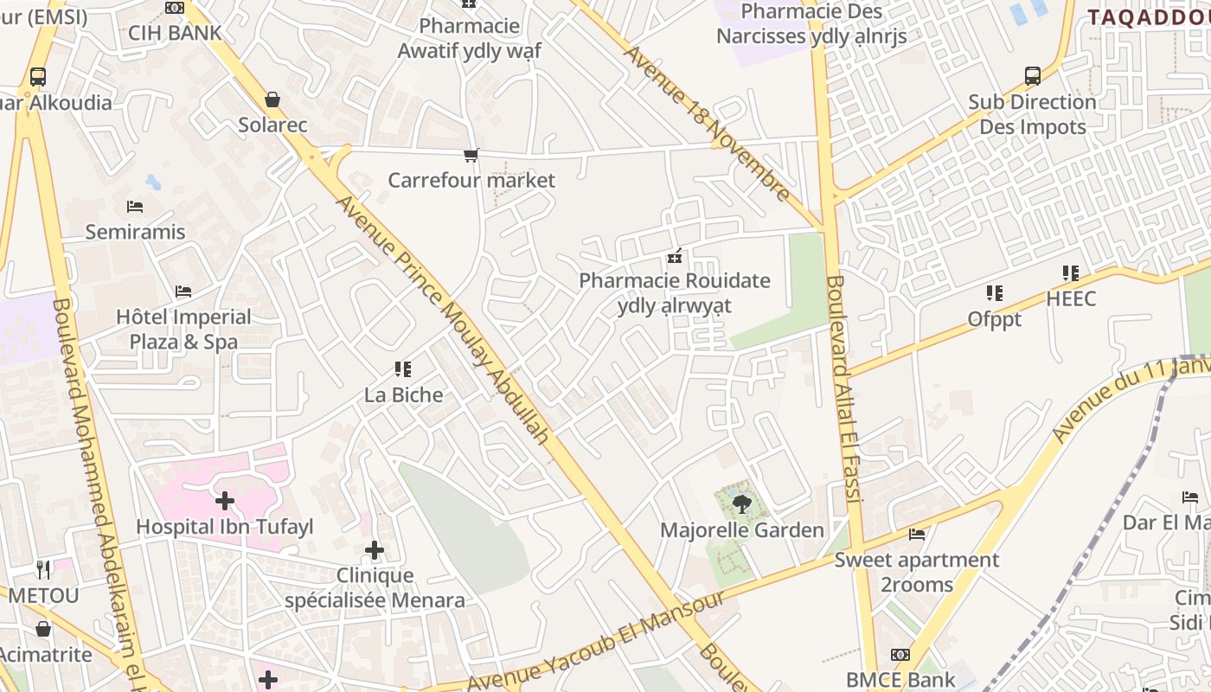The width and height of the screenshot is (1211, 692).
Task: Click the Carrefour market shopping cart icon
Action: coord(471,156)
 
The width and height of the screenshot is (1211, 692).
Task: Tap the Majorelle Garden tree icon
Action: coord(741,503)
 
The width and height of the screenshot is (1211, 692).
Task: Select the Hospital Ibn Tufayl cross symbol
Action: coord(225,501)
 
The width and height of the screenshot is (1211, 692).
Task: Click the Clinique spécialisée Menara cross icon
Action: coord(375,550)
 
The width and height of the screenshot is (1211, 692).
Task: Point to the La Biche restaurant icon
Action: coord(402,370)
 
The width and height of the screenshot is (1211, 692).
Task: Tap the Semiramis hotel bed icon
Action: coord(135,207)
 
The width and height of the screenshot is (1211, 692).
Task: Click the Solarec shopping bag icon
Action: coord(272,99)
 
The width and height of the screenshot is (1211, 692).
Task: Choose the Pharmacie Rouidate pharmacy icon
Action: coord(675,256)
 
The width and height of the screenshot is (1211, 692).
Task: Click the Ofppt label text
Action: coord(995,319)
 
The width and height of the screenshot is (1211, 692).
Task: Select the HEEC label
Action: coord(1071,299)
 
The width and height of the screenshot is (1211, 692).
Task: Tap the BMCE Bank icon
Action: coord(900,655)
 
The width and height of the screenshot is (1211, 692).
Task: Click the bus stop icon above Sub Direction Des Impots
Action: coord(1033,76)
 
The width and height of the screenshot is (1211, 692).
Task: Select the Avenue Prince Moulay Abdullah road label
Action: coord(442,319)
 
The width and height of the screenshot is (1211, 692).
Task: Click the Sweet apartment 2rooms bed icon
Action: coord(917,535)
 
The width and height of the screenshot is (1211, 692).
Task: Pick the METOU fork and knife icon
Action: coord(43,569)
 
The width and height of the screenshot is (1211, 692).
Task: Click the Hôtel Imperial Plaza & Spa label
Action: coord(183,330)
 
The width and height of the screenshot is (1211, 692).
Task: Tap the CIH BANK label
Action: coord(175,33)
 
